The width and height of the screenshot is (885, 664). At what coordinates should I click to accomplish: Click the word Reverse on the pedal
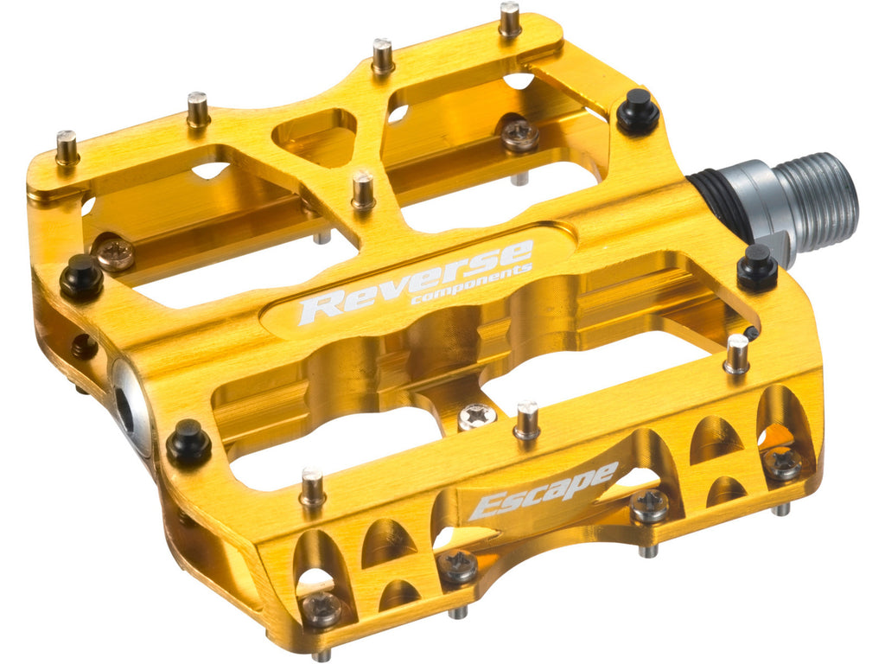416,281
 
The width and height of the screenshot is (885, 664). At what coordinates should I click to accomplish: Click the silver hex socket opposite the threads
128,401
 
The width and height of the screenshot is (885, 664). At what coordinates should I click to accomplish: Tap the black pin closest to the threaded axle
638,112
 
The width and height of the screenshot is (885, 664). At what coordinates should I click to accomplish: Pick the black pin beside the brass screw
81,277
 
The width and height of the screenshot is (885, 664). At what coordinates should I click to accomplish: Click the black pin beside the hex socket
188,439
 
